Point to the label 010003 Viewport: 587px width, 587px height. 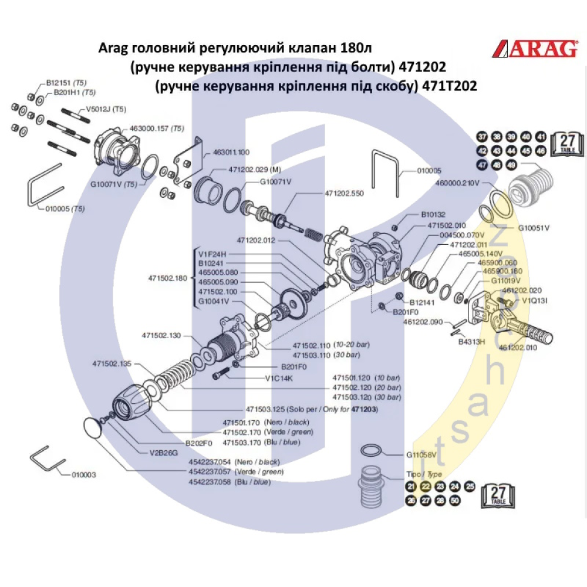coord(83,474)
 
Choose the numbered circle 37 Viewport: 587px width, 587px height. coord(482,137)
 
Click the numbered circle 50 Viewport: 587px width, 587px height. coord(454,500)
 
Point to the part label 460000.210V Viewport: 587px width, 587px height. coord(457,183)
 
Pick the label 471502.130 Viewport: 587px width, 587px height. coord(161,335)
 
